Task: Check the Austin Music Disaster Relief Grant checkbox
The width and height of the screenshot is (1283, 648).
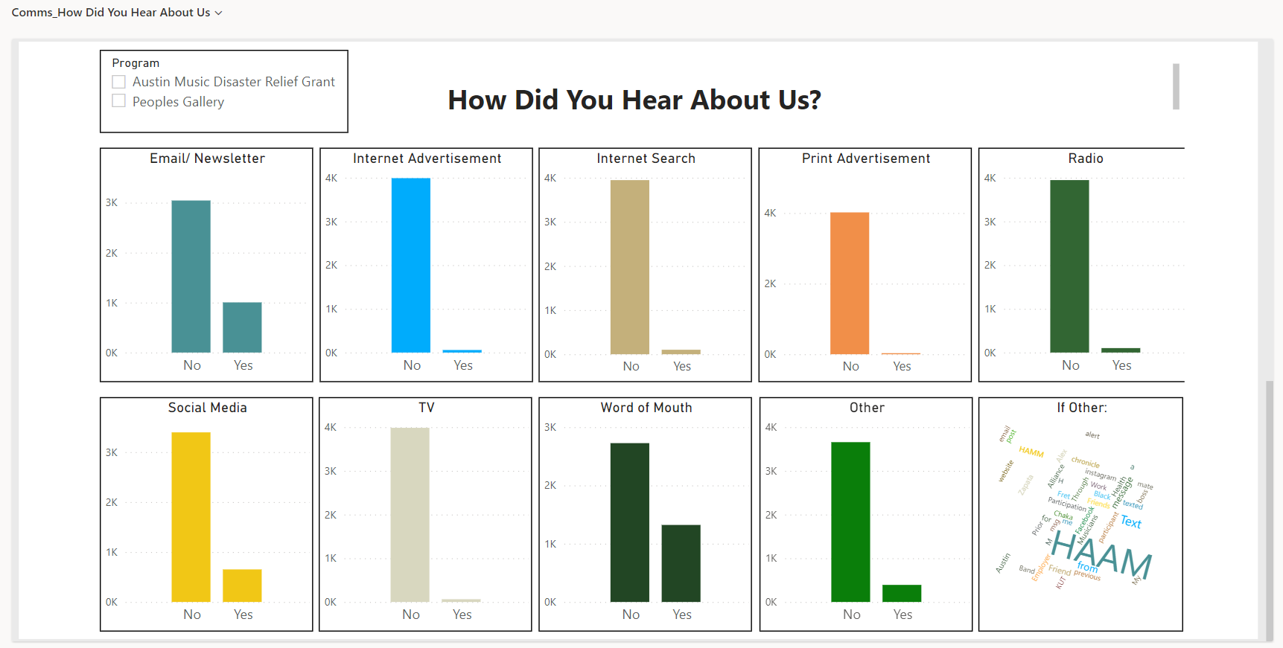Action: pos(119,82)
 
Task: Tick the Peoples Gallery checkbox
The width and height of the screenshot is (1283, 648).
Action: pos(119,101)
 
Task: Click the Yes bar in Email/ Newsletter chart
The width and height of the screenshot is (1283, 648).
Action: pos(242,327)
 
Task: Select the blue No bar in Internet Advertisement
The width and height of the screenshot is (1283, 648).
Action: pos(411,265)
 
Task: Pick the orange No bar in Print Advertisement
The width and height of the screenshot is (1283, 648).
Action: pos(850,283)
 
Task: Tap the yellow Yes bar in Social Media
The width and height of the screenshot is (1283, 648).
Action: pos(242,586)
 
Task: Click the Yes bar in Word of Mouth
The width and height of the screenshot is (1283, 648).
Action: pos(681,563)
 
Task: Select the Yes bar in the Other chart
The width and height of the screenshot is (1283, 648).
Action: pos(902,593)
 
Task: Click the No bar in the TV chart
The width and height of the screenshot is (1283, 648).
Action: pos(410,514)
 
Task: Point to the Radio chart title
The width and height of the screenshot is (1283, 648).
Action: pos(1086,158)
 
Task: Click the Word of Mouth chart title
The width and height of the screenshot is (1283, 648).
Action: pos(646,408)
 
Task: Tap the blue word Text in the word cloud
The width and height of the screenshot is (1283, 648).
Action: pos(1130,522)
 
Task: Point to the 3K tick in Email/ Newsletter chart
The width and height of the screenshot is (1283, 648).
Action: pos(112,202)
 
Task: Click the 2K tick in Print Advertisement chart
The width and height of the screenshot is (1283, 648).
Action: pos(770,283)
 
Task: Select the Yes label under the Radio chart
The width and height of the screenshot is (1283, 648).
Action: pos(1121,365)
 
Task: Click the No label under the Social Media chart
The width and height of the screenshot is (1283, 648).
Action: pos(192,615)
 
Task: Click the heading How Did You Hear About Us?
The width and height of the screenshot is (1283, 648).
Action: pos(634,100)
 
